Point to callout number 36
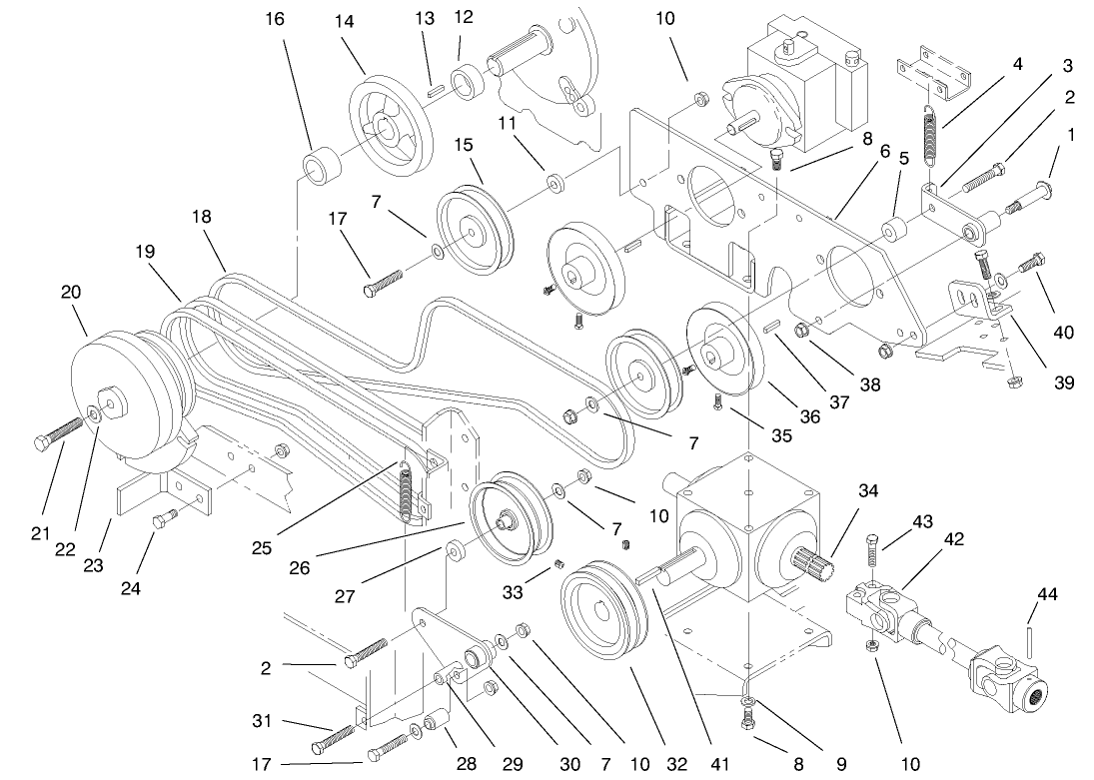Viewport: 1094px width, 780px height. [x=808, y=417]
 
